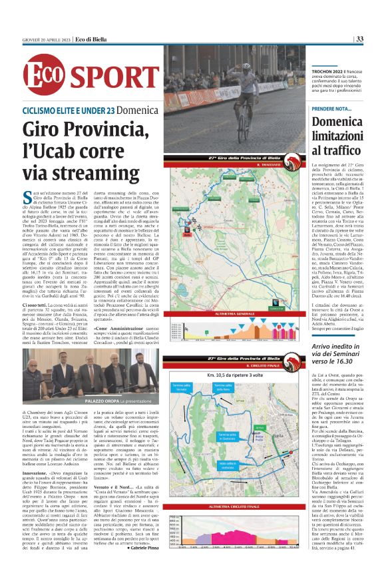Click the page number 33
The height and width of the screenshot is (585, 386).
359,39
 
